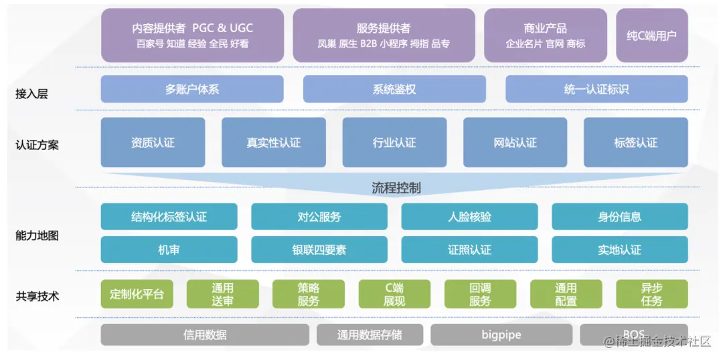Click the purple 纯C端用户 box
tap(651, 35)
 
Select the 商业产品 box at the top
tap(545, 35)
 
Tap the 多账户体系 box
tap(192, 89)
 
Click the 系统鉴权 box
tap(394, 89)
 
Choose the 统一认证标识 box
tap(596, 89)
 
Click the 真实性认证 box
tap(273, 143)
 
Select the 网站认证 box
tap(515, 143)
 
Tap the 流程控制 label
tap(396, 187)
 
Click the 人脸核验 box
tap(469, 217)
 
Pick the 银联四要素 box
tap(319, 250)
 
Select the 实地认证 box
tap(619, 250)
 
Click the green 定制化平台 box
tap(137, 294)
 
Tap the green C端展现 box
tap(394, 294)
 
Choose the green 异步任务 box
tap(651, 294)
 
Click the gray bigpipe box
tap(501, 335)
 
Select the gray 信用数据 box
tap(205, 335)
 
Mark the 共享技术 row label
tap(37, 296)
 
